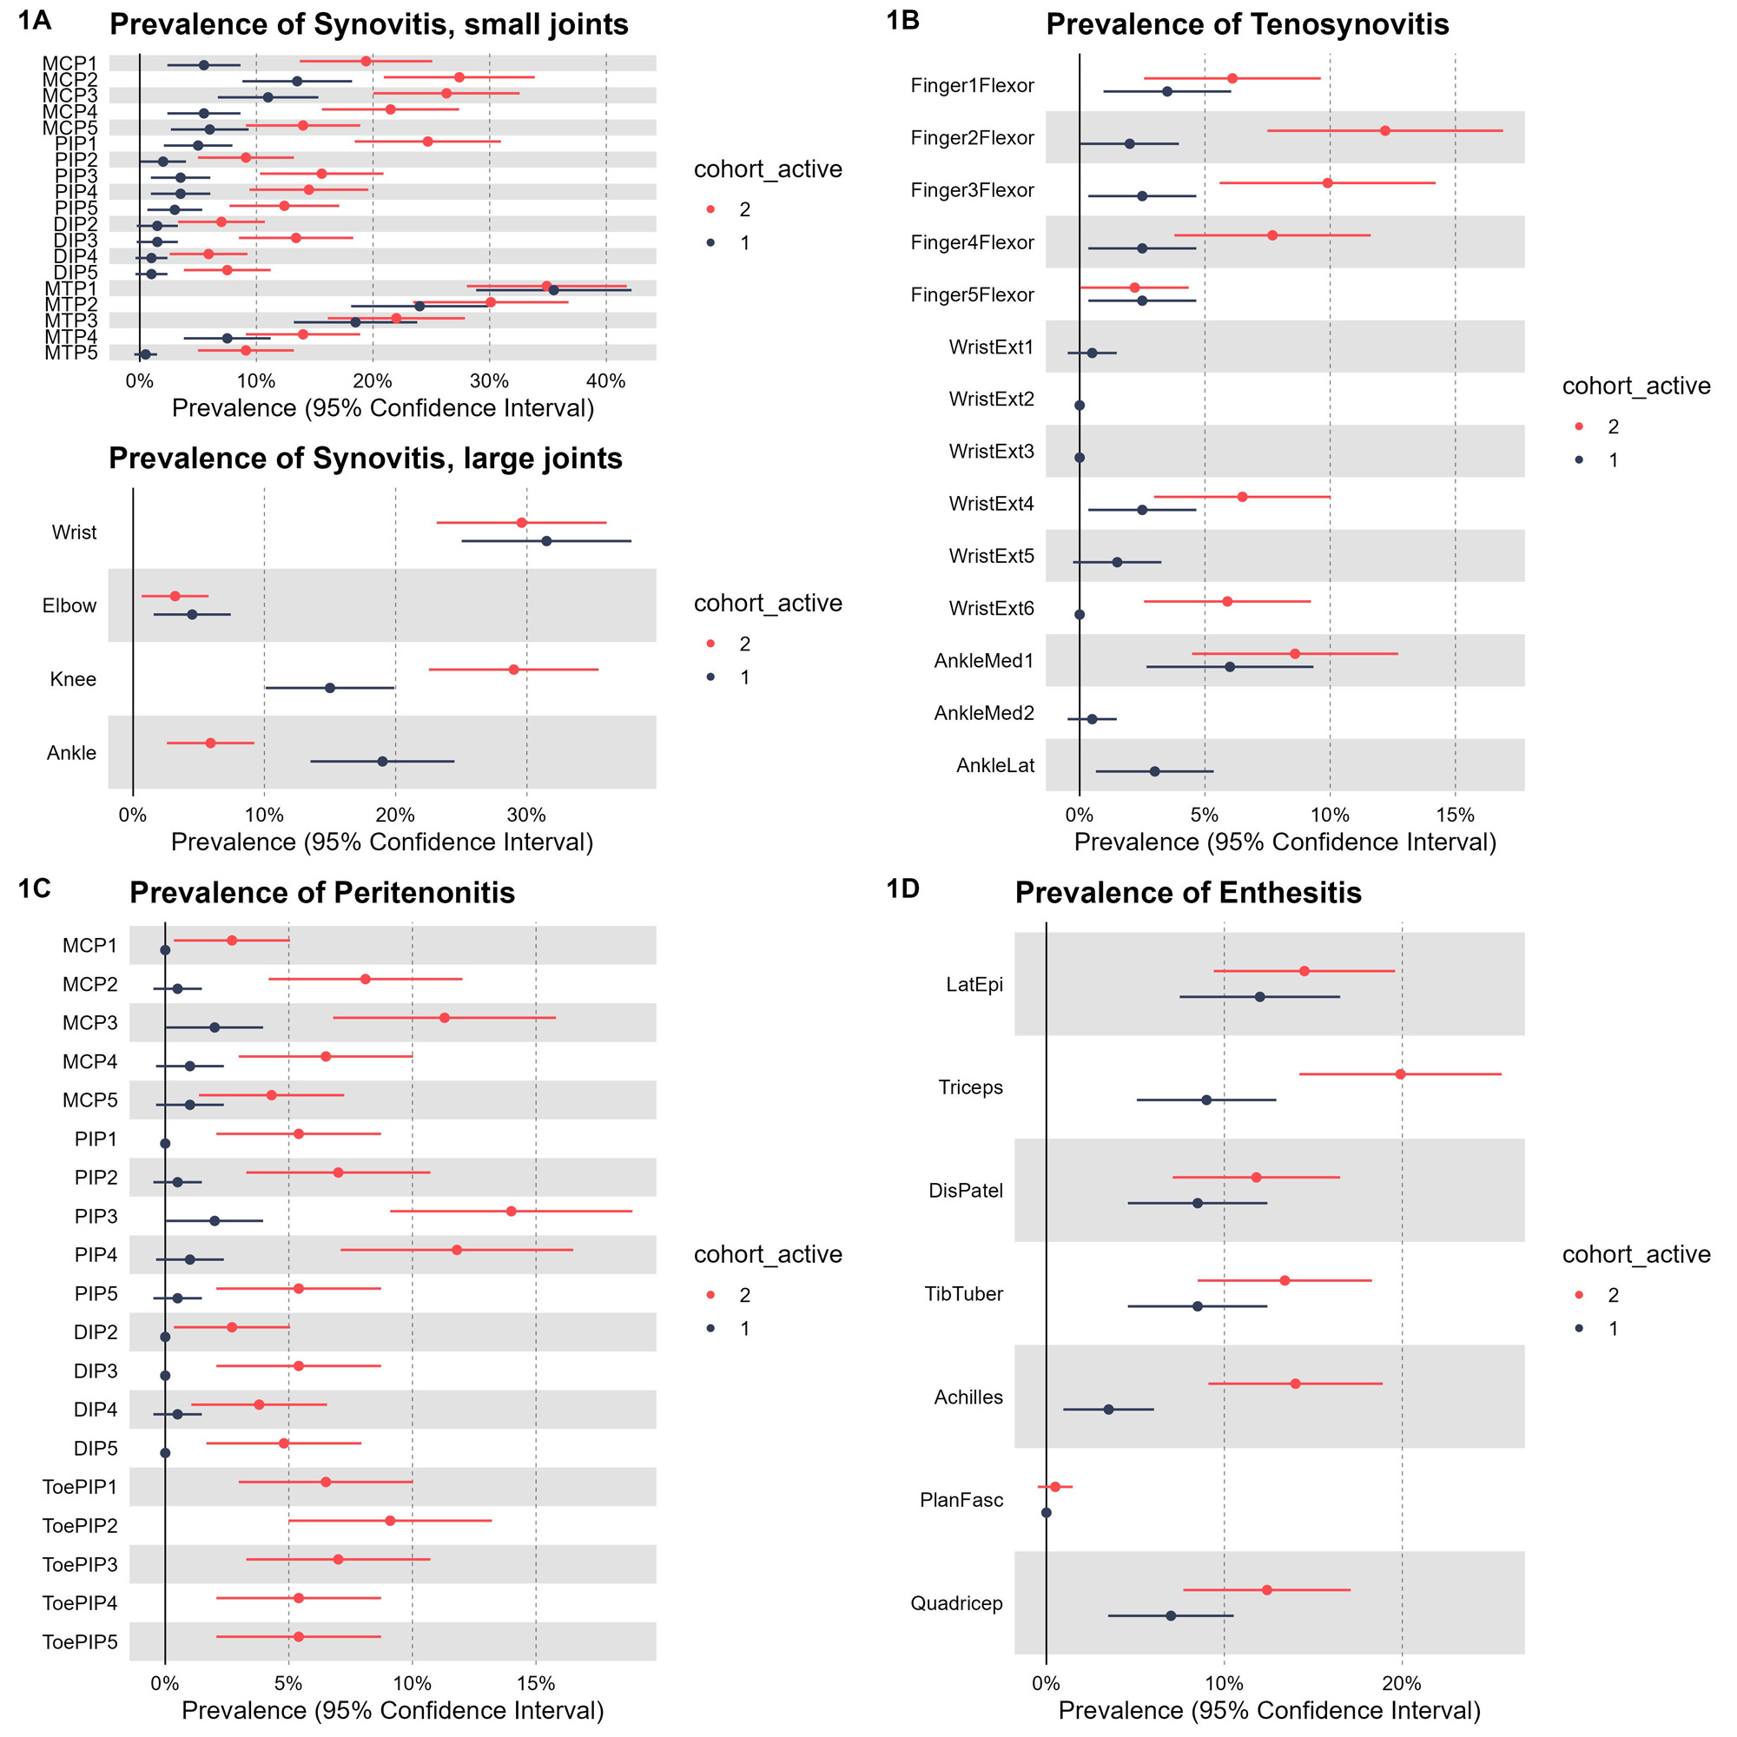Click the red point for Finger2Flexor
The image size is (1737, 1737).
[1384, 131]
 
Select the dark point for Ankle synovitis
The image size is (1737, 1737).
[382, 762]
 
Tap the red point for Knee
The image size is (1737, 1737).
[513, 670]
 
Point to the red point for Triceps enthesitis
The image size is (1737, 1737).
[1400, 1074]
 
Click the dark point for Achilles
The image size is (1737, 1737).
[1108, 1409]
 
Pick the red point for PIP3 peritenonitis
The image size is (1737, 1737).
[512, 1211]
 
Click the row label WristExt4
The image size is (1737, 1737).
[991, 504]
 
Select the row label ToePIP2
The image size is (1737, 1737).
[80, 1526]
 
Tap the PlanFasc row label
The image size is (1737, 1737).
[961, 1500]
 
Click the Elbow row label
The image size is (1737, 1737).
[69, 606]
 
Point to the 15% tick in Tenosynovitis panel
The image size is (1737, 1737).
[1455, 815]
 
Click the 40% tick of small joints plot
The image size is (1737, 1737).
[606, 381]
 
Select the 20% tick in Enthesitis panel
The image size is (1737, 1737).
[1402, 1683]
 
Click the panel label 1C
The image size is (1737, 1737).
[34, 888]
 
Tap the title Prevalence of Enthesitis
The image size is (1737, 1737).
[1187, 893]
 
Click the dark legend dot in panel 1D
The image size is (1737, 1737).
[1579, 1328]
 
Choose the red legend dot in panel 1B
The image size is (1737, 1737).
[1579, 426]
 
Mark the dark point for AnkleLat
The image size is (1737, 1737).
[1154, 771]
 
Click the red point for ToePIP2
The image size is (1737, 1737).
[390, 1521]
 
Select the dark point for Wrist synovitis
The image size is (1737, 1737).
[546, 541]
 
